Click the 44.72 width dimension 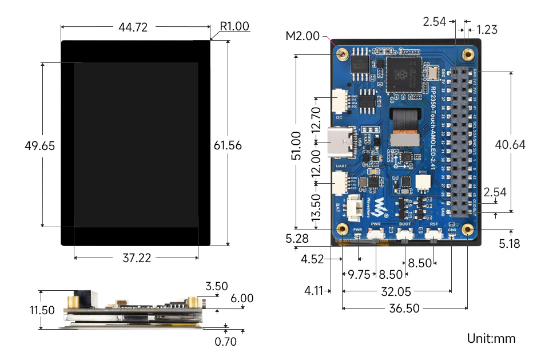[x=135, y=26]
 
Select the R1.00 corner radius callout [x=234, y=26]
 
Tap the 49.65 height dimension [x=40, y=145]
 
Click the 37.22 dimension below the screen [x=137, y=258]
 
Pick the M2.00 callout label [x=303, y=37]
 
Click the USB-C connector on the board [x=341, y=143]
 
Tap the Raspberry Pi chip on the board [x=404, y=74]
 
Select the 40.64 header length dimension [x=510, y=145]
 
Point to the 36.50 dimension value [x=404, y=308]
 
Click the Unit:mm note [x=491, y=338]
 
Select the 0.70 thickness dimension [x=225, y=342]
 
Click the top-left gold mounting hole [x=343, y=54]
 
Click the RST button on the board [x=434, y=234]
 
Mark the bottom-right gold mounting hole [x=468, y=230]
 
